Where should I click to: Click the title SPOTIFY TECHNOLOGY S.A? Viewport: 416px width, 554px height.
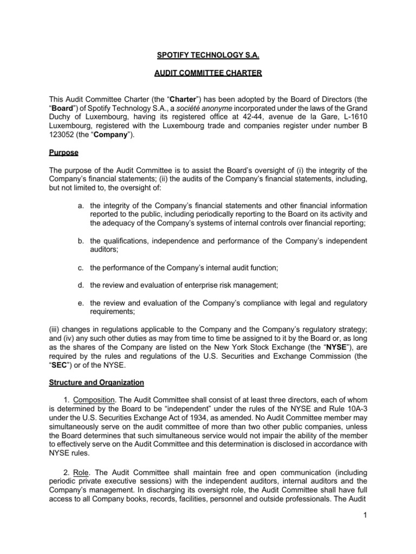click(x=207, y=55)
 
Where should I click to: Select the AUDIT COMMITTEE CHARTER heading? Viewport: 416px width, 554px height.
click(x=207, y=74)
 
